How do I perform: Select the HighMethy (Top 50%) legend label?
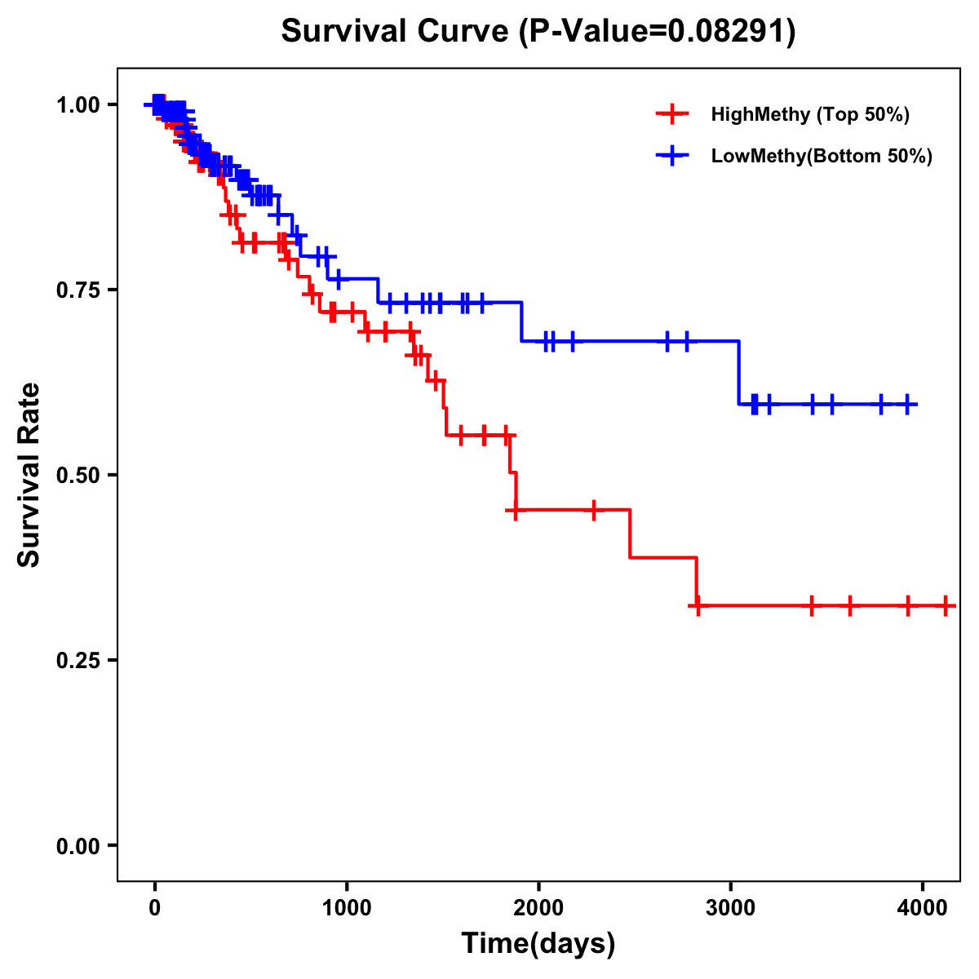pyautogui.click(x=810, y=114)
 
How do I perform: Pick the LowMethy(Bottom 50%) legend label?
pyautogui.click(x=822, y=157)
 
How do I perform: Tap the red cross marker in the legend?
pyautogui.click(x=671, y=114)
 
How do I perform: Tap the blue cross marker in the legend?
pyautogui.click(x=671, y=157)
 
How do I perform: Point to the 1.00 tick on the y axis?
pyautogui.click(x=78, y=105)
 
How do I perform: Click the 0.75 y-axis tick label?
pyautogui.click(x=78, y=290)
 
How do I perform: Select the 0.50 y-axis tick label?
pyautogui.click(x=78, y=476)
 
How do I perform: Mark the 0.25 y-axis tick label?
pyautogui.click(x=78, y=661)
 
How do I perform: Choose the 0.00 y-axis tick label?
pyautogui.click(x=78, y=846)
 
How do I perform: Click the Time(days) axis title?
pyautogui.click(x=538, y=944)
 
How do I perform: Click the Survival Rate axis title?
pyautogui.click(x=29, y=475)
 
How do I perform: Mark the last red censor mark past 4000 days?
pyautogui.click(x=945, y=606)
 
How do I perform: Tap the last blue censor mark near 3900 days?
pyautogui.click(x=908, y=404)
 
